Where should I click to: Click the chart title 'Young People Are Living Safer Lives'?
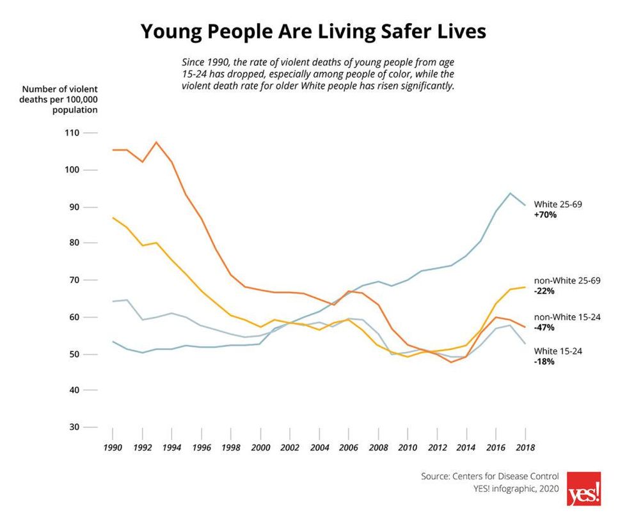point(313,31)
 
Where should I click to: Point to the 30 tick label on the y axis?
point(72,427)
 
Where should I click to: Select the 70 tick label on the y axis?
point(72,280)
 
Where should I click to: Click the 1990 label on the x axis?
point(112,448)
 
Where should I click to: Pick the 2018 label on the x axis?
point(525,448)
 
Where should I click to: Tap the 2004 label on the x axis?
point(319,448)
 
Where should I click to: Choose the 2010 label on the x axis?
point(407,448)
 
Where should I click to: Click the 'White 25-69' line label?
point(558,204)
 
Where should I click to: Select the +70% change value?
point(545,215)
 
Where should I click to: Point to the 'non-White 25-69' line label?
point(566,280)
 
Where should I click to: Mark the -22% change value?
point(544,291)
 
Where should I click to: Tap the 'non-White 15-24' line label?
point(566,317)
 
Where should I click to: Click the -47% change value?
point(544,328)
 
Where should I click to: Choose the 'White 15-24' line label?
point(558,351)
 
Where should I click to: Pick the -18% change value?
point(544,362)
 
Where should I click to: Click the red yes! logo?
point(583,489)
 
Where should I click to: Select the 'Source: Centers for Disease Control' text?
point(489,477)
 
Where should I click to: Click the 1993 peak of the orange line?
point(156,142)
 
